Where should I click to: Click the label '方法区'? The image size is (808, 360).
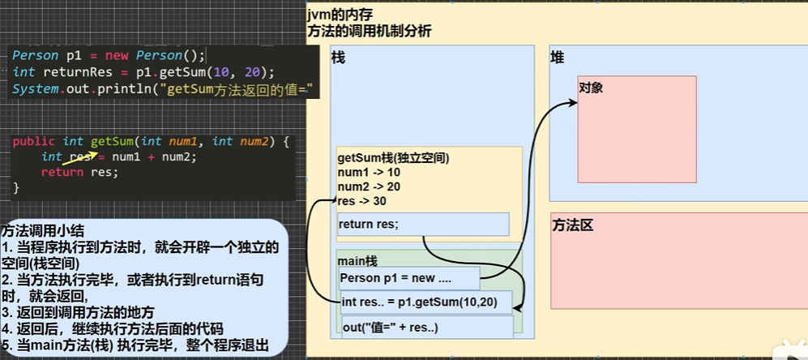pos(573,225)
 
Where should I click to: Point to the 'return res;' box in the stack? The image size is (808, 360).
pos(423,225)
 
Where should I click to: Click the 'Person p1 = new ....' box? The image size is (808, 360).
pos(409,278)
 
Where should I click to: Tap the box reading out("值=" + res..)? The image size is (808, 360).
pos(427,327)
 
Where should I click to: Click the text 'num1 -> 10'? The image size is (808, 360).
pos(369,172)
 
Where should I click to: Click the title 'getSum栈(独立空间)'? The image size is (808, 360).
pos(393,157)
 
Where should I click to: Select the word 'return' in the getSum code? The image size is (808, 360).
pos(62,172)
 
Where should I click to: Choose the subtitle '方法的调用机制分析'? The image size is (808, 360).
pos(369,32)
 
